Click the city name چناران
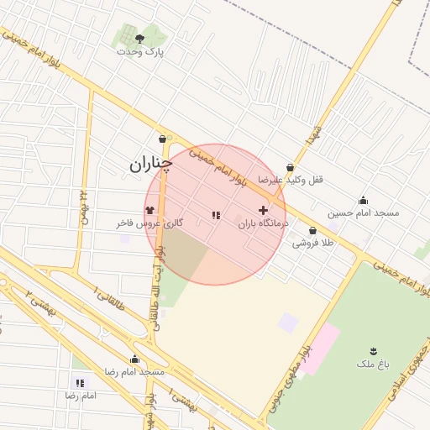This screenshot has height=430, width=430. pyautogui.click(x=150, y=165)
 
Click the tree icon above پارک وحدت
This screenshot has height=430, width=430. pyautogui.click(x=139, y=39)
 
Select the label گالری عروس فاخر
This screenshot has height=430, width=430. pyautogui.click(x=149, y=223)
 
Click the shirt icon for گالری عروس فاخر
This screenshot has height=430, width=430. pyautogui.click(x=149, y=210)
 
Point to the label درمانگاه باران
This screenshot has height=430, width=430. pyautogui.click(x=263, y=223)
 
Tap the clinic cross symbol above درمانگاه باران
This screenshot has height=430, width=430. pyautogui.click(x=263, y=210)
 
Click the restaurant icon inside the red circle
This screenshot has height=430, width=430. pyautogui.click(x=216, y=216)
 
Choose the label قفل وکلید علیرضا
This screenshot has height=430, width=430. pyautogui.click(x=291, y=180)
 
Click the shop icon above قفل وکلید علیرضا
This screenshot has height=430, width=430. pyautogui.click(x=291, y=167)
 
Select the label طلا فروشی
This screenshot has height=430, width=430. pyautogui.click(x=313, y=243)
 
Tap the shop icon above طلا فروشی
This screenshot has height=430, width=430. pyautogui.click(x=313, y=230)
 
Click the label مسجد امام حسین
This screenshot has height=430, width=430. pyautogui.click(x=364, y=212)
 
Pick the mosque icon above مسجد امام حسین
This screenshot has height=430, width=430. pyautogui.click(x=363, y=200)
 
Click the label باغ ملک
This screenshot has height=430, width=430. pyautogui.click(x=373, y=363)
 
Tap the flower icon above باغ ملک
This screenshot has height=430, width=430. pyautogui.click(x=373, y=349)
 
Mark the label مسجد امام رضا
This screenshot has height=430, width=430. pyautogui.click(x=134, y=371)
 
